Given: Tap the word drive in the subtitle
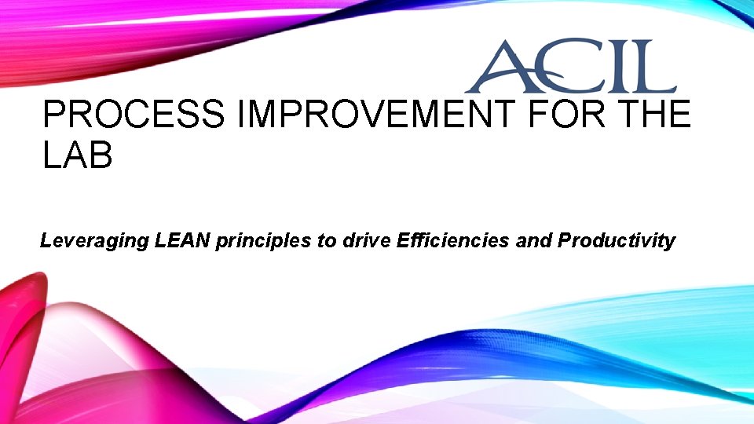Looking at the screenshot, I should click(367, 240).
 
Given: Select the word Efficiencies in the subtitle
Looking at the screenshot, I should click(453, 240).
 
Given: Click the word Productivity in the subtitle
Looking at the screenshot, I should click(616, 241).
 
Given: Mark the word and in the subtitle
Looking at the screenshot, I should click(533, 240).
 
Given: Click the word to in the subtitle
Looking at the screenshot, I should click(327, 241).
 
